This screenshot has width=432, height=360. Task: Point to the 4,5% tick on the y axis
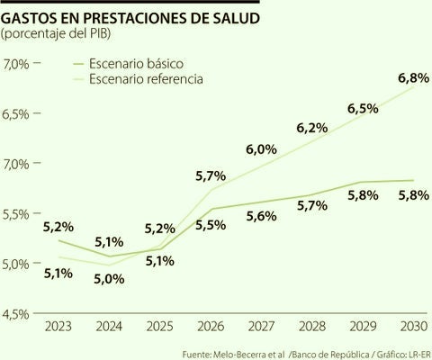[19, 313]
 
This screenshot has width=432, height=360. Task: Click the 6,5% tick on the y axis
[19, 114]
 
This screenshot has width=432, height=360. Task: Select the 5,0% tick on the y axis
[19, 264]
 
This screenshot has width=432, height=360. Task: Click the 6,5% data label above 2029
[362, 108]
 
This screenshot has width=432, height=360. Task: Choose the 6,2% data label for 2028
[311, 128]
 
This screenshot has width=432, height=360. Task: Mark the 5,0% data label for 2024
[108, 278]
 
